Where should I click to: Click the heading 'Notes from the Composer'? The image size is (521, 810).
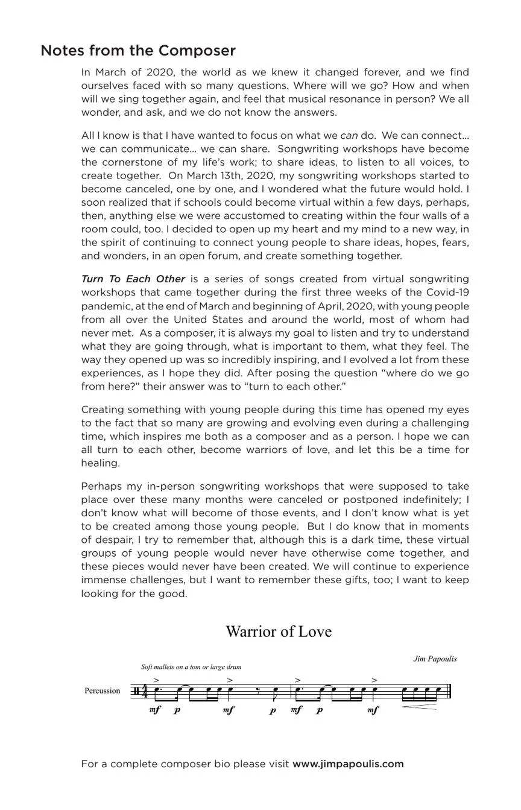pyautogui.click(x=138, y=51)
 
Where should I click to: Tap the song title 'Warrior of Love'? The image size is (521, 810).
pyautogui.click(x=279, y=631)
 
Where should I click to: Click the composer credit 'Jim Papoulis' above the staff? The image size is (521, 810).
pyautogui.click(x=435, y=659)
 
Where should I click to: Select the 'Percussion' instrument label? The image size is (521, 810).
pyautogui.click(x=102, y=691)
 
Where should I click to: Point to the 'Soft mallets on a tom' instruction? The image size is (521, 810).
pyautogui.click(x=191, y=667)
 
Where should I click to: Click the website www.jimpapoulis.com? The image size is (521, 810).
pyautogui.click(x=348, y=764)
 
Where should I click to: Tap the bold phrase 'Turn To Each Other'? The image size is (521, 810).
pyautogui.click(x=133, y=279)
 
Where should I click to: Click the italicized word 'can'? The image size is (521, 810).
pyautogui.click(x=349, y=136)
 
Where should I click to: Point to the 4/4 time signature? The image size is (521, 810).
pyautogui.click(x=144, y=691)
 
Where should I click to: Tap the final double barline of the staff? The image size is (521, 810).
pyautogui.click(x=449, y=691)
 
